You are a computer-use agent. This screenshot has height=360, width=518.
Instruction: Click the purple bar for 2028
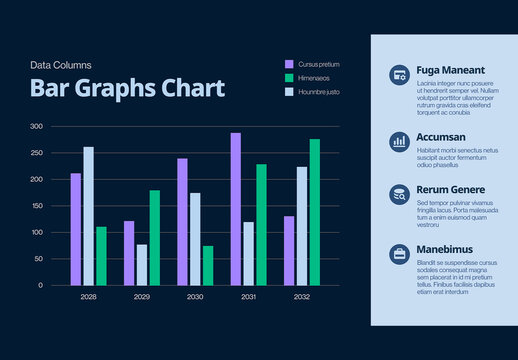(x=76, y=229)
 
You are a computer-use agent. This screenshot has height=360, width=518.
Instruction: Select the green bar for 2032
(x=315, y=212)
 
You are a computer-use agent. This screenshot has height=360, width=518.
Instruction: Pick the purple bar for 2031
(x=236, y=209)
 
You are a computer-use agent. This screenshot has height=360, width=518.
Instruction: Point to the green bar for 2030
(x=208, y=265)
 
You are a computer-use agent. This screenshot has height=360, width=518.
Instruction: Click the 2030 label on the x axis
(x=195, y=297)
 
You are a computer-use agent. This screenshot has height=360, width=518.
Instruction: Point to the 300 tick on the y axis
(x=36, y=127)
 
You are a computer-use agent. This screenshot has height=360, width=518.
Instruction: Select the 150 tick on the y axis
(x=36, y=206)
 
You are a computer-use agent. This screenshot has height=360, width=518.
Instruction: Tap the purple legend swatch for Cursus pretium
(x=290, y=64)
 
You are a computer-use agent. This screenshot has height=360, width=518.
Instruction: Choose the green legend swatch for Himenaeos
(x=290, y=78)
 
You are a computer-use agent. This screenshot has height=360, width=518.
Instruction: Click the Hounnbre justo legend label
(x=320, y=92)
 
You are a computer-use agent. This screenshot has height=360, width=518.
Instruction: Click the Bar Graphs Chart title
(x=127, y=88)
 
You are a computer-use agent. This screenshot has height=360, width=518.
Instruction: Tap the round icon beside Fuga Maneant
(x=399, y=74)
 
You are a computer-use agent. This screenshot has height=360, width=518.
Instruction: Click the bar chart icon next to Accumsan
(x=399, y=141)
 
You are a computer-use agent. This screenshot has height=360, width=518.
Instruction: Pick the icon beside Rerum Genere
(x=399, y=194)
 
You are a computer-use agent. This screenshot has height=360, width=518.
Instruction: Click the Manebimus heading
(x=445, y=249)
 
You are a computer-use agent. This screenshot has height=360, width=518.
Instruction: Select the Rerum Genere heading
(x=450, y=190)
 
